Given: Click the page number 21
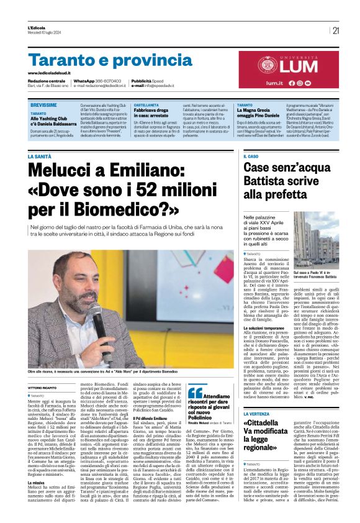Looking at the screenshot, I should [x=336, y=29].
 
